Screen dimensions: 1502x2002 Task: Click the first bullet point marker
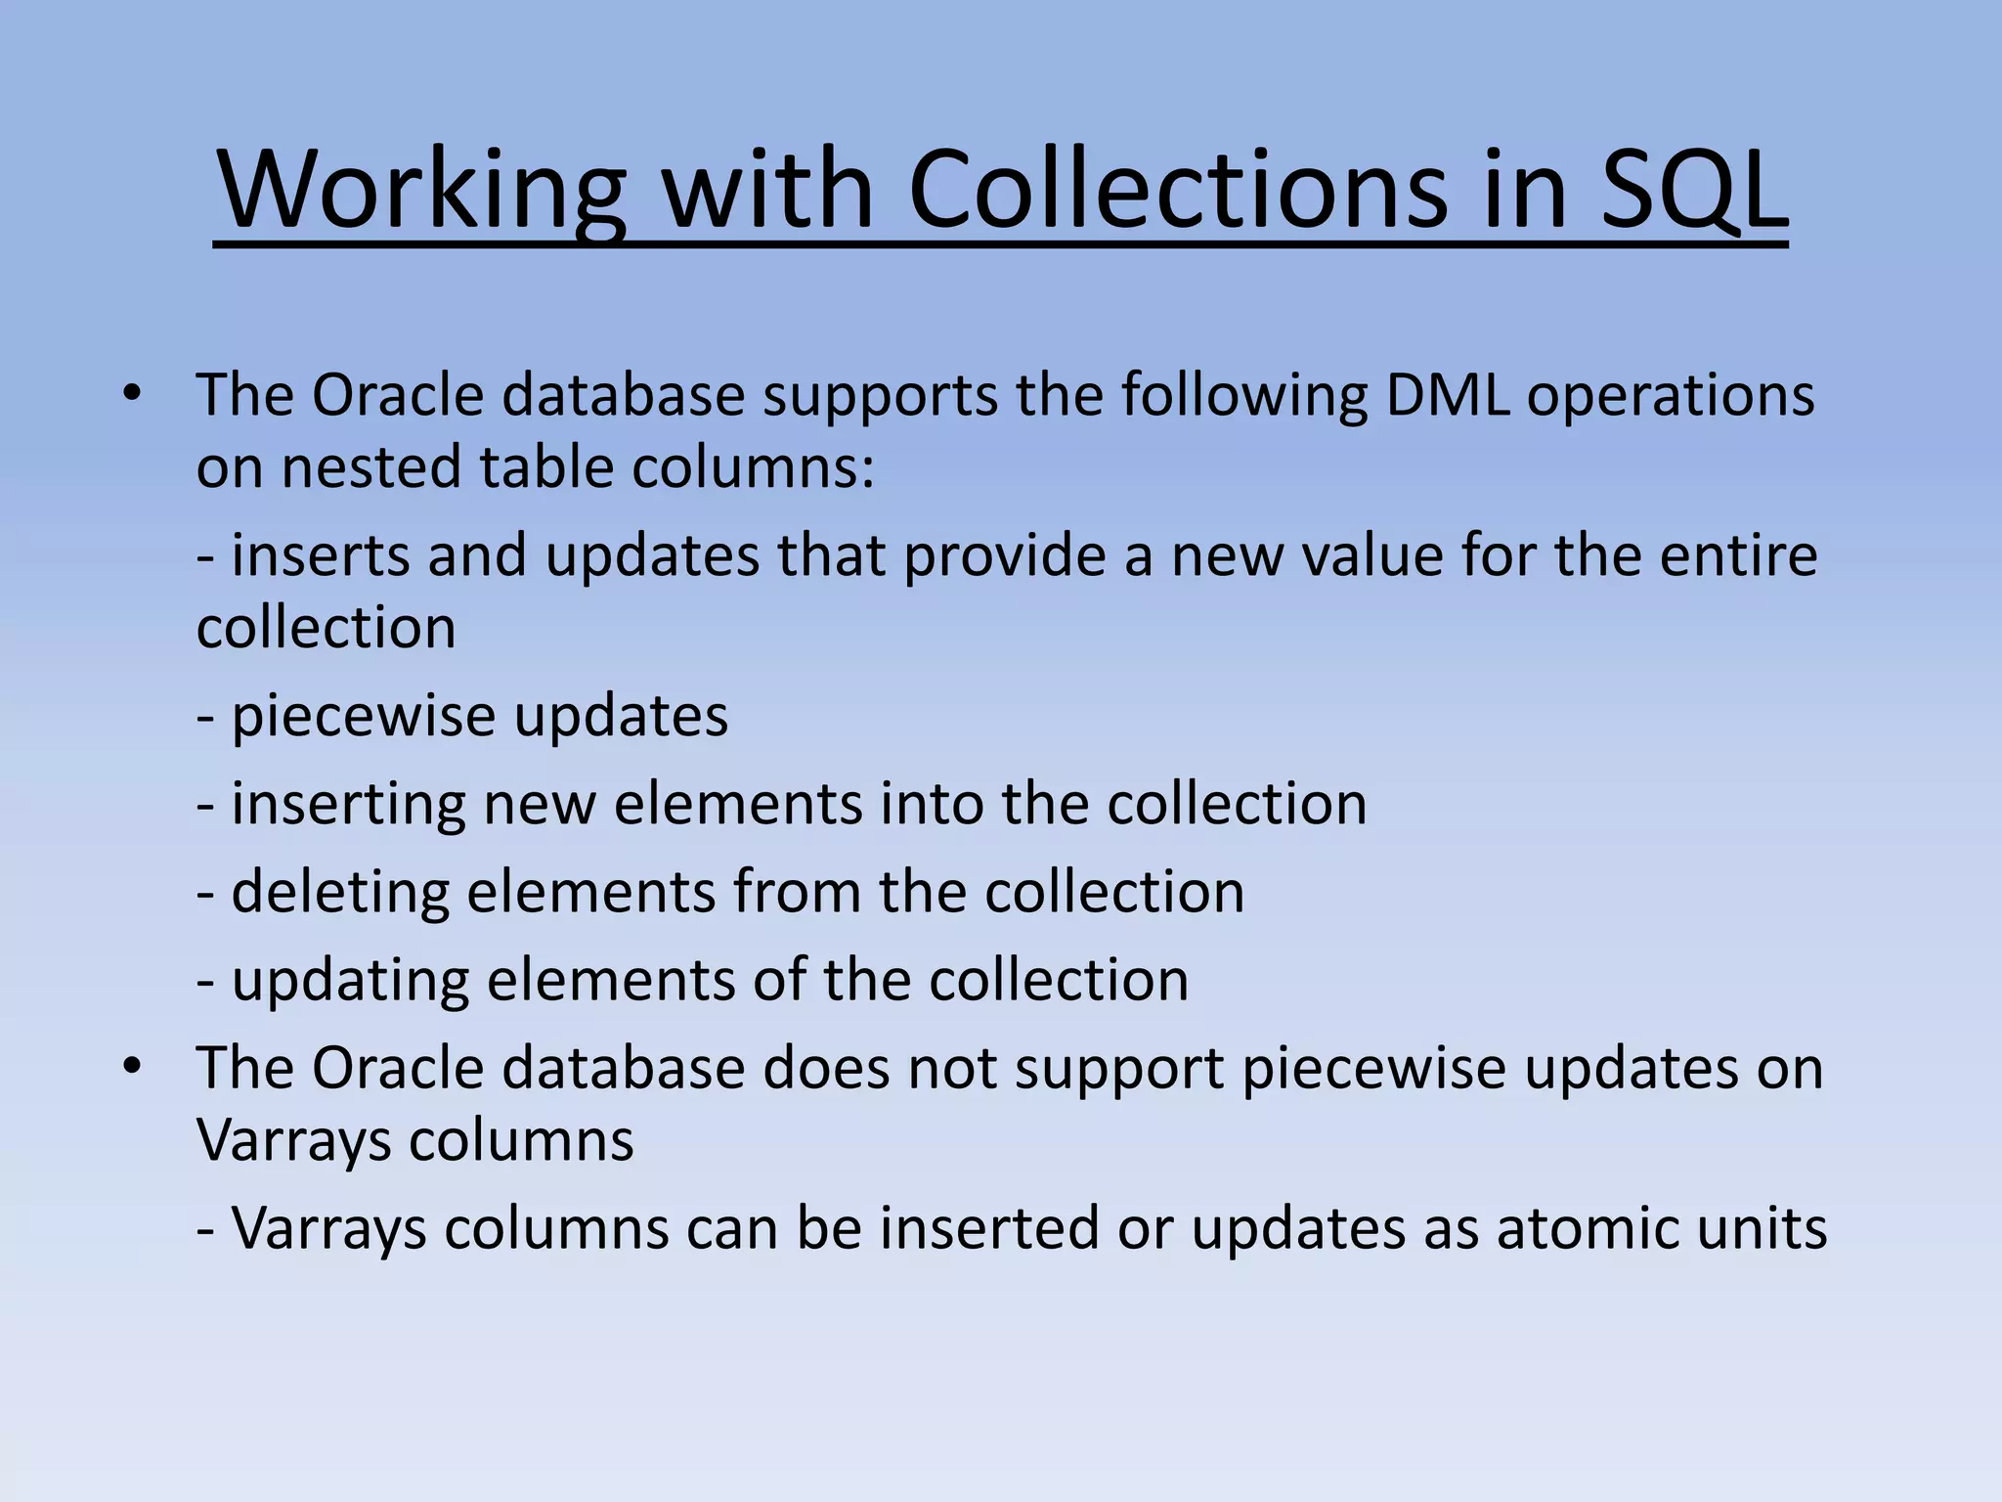(x=132, y=396)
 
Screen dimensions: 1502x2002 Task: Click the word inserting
(x=348, y=804)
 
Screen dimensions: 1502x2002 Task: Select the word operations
(x=1671, y=396)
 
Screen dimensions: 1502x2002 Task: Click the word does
(x=826, y=1068)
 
